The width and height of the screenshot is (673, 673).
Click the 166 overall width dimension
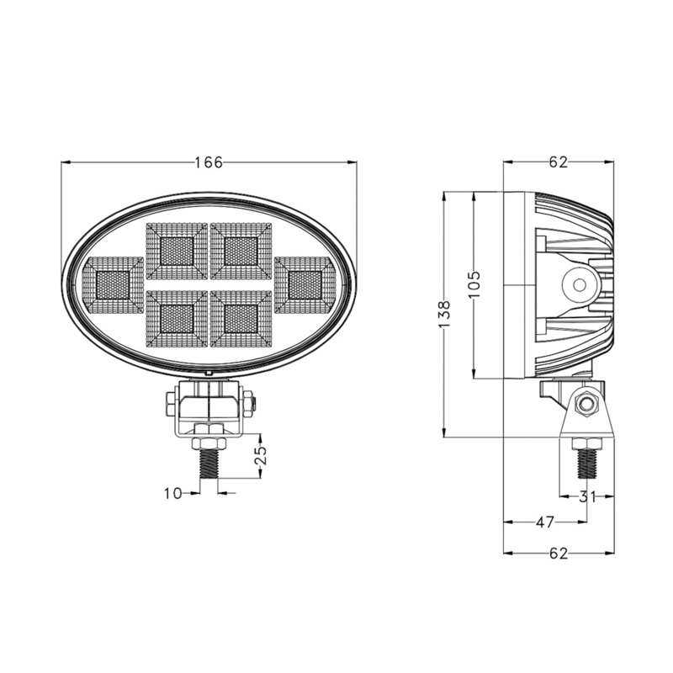pyautogui.click(x=209, y=162)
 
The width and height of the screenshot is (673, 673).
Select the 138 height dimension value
pyautogui.click(x=446, y=313)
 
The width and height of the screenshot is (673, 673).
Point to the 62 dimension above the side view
pyautogui.click(x=559, y=162)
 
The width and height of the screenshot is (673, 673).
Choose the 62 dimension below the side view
pyautogui.click(x=559, y=553)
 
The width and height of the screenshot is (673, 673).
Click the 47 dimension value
pyautogui.click(x=544, y=522)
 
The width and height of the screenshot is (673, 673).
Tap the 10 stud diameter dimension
pyautogui.click(x=172, y=494)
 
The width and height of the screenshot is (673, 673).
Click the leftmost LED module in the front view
pyautogui.click(x=113, y=285)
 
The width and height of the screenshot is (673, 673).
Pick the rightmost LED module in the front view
pyautogui.click(x=305, y=284)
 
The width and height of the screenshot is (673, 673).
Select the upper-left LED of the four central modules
pyautogui.click(x=177, y=250)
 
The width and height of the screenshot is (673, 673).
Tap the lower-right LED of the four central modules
pyautogui.click(x=241, y=318)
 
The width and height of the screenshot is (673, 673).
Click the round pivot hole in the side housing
pyautogui.click(x=579, y=284)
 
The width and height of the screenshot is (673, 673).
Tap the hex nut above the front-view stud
pyautogui.click(x=209, y=442)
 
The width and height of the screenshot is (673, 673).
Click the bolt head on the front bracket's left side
pyautogui.click(x=172, y=403)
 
